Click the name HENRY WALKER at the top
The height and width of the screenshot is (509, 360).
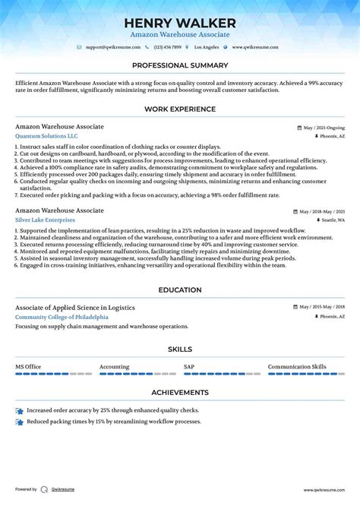(x=180, y=23)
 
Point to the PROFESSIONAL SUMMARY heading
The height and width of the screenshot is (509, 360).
(x=180, y=65)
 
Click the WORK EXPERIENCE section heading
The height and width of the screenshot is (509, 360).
(x=180, y=109)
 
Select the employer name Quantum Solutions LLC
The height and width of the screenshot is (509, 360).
(x=46, y=136)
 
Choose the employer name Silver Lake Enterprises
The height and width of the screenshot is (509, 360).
(x=45, y=220)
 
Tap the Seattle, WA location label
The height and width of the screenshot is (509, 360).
(x=328, y=220)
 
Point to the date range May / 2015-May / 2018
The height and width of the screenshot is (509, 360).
(x=320, y=307)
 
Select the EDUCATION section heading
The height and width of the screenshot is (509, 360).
(x=180, y=289)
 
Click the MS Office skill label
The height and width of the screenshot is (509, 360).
(x=28, y=366)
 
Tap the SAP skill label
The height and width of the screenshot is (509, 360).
(x=189, y=366)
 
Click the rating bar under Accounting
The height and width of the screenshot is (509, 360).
(x=134, y=374)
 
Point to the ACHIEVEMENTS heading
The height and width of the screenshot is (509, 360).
(x=180, y=392)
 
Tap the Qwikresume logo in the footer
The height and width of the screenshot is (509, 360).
(x=46, y=490)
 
